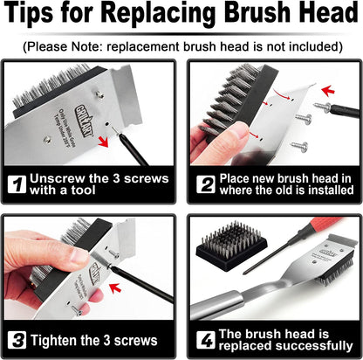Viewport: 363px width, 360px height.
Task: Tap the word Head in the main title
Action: [321, 17]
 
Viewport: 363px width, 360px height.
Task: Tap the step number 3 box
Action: [17, 340]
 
